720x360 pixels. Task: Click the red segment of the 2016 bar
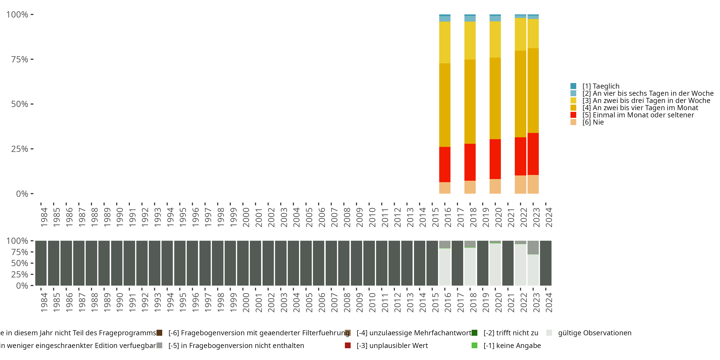pyautogui.click(x=445, y=164)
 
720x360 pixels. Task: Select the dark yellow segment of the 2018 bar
pyautogui.click(x=470, y=102)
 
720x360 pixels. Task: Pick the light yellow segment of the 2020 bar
pyautogui.click(x=495, y=39)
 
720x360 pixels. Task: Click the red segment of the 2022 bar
pyautogui.click(x=520, y=156)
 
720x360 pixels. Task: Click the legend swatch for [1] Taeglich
pyautogui.click(x=573, y=86)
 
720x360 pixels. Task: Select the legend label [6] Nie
pyautogui.click(x=593, y=122)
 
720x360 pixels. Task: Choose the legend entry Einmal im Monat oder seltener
pyautogui.click(x=638, y=115)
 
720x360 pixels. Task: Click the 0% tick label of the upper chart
pyautogui.click(x=22, y=194)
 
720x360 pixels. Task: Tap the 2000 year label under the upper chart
pyautogui.click(x=246, y=217)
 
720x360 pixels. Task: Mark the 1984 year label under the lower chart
pyautogui.click(x=44, y=302)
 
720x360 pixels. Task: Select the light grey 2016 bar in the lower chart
pyautogui.click(x=445, y=267)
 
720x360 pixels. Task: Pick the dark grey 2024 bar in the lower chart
pyautogui.click(x=546, y=263)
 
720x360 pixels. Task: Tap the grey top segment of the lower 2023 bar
pyautogui.click(x=533, y=248)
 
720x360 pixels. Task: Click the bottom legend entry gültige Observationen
pyautogui.click(x=594, y=333)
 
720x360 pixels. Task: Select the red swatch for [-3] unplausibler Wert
pyautogui.click(x=348, y=345)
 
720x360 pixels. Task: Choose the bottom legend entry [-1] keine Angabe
pyautogui.click(x=512, y=345)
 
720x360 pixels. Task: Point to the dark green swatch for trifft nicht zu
pyautogui.click(x=474, y=333)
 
